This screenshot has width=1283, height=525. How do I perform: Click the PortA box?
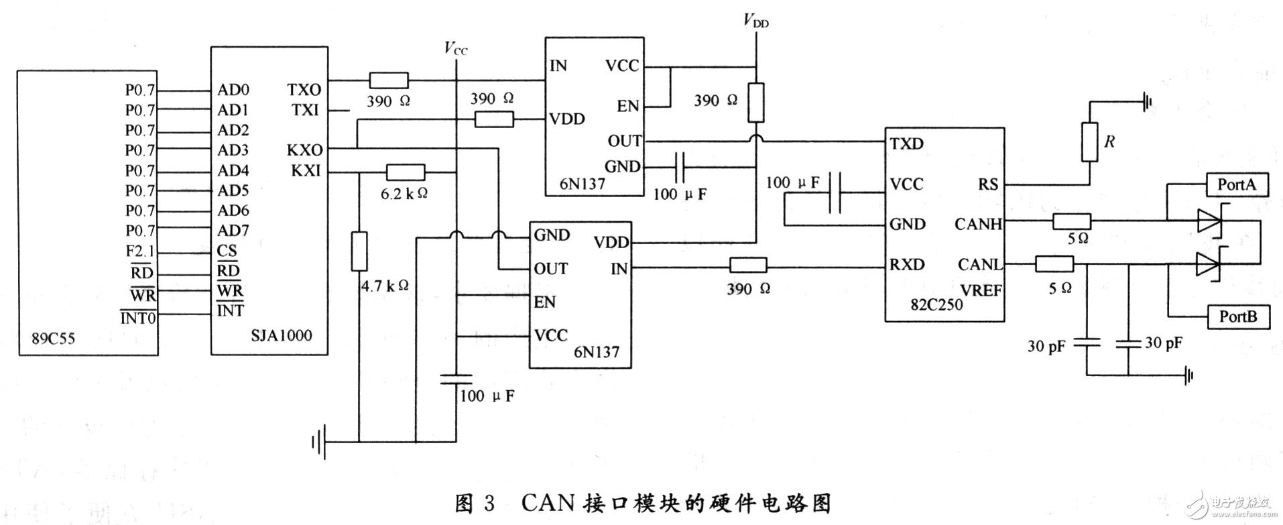point(1237,184)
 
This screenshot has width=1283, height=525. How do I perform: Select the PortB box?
point(1237,316)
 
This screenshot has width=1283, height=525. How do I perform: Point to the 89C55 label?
point(54,339)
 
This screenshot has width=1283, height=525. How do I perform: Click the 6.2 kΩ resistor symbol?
point(405,172)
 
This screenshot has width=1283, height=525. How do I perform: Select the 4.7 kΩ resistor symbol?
point(359,251)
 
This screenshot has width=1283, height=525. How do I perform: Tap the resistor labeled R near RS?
point(1090,142)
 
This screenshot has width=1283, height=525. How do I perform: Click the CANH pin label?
point(978,224)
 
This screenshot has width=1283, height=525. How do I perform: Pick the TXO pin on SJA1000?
point(304,89)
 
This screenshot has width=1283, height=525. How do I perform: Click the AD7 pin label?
point(233,231)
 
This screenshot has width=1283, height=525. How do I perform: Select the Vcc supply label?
point(455,48)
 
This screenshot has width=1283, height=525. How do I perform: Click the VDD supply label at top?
point(755,21)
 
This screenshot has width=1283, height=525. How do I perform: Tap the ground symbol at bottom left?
point(318,442)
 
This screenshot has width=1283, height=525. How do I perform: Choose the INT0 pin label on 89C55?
point(138,317)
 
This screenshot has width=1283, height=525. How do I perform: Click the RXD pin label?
point(907,265)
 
